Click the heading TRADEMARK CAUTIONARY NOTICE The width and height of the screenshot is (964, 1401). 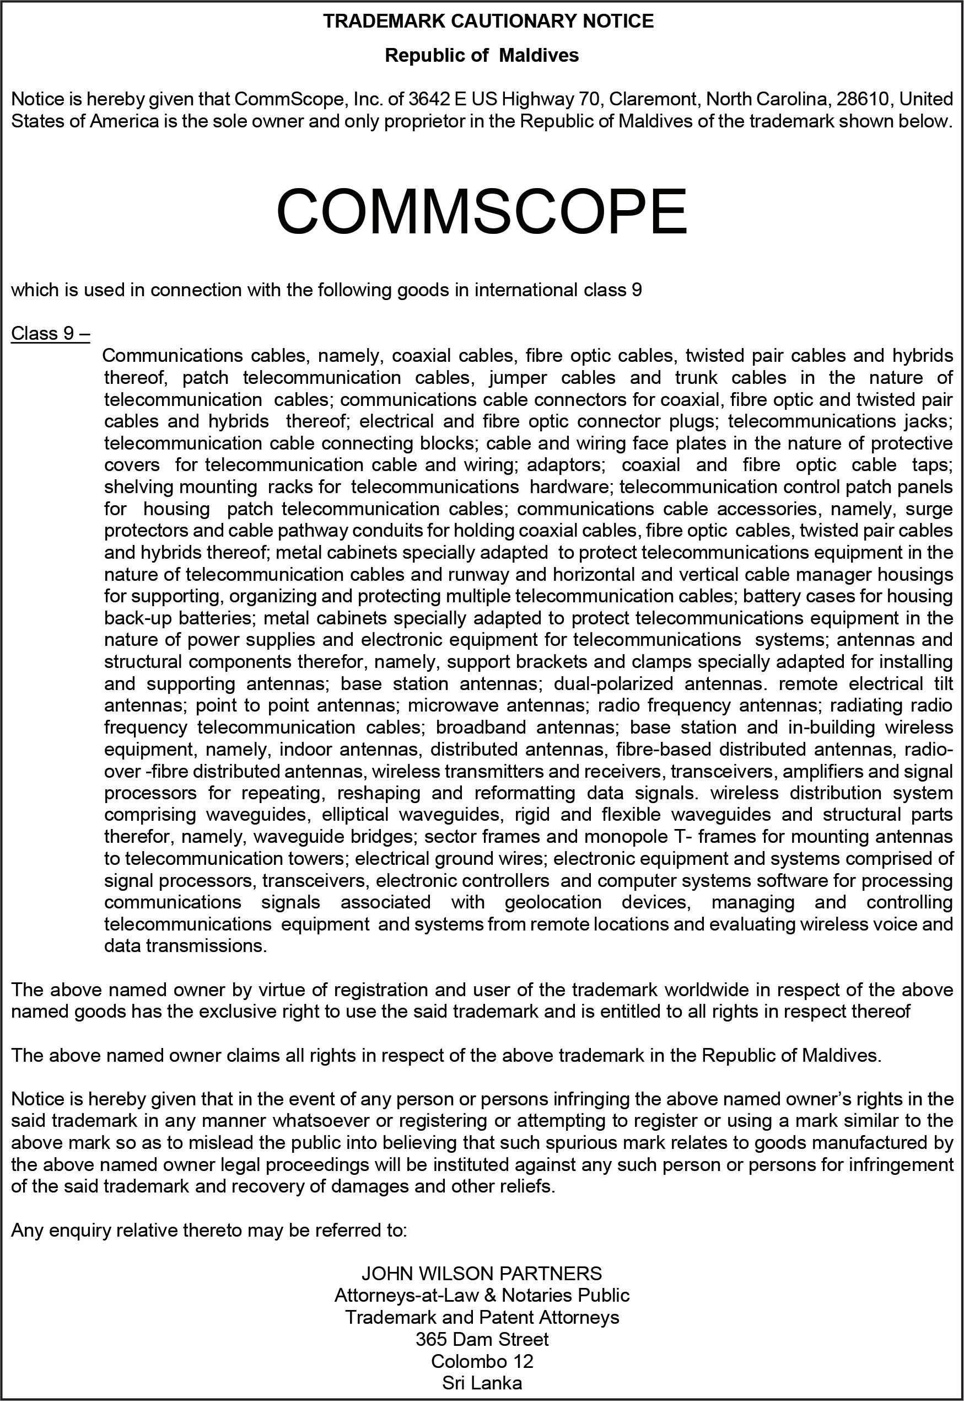coord(488,22)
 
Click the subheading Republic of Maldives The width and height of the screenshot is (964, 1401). coord(481,56)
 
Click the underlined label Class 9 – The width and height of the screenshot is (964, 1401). coord(51,334)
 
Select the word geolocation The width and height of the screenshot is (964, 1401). coord(553,902)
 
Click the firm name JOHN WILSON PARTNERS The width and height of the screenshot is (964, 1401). coord(481,1274)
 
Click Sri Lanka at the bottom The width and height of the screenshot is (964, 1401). coord(481,1383)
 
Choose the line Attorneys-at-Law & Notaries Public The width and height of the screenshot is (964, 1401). coord(481,1296)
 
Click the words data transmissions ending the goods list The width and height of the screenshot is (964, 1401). coord(185,946)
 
